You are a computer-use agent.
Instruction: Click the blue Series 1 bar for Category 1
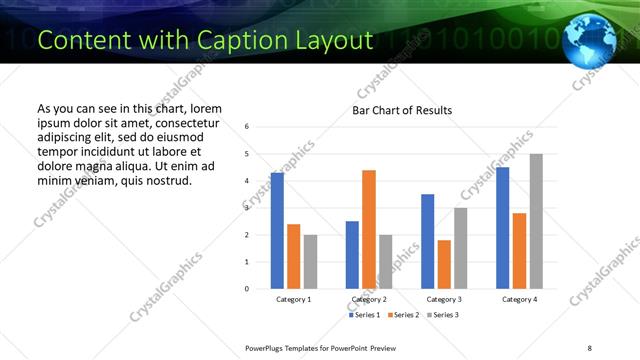point(277,231)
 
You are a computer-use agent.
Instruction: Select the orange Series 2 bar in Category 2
point(369,229)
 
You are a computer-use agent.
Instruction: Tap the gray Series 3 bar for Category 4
point(536,221)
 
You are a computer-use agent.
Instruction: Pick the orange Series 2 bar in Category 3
point(444,264)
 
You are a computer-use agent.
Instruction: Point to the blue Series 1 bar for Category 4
point(503,228)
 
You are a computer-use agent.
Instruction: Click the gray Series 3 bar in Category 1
point(310,262)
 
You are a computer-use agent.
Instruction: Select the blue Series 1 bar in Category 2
point(352,255)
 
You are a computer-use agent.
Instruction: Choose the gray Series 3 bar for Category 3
point(461,248)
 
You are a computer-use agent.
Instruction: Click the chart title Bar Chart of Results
point(402,110)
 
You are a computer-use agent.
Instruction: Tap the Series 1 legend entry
point(364,315)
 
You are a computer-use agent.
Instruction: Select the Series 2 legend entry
point(403,315)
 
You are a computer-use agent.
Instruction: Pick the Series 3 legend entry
point(442,315)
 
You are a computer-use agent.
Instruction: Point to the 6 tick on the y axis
point(247,127)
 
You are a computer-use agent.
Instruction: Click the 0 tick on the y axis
point(247,289)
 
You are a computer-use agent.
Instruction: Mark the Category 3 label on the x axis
point(444,299)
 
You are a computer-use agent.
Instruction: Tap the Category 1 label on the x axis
point(294,299)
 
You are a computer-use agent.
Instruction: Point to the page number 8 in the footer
point(589,347)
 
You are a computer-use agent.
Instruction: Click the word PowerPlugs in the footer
point(267,347)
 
